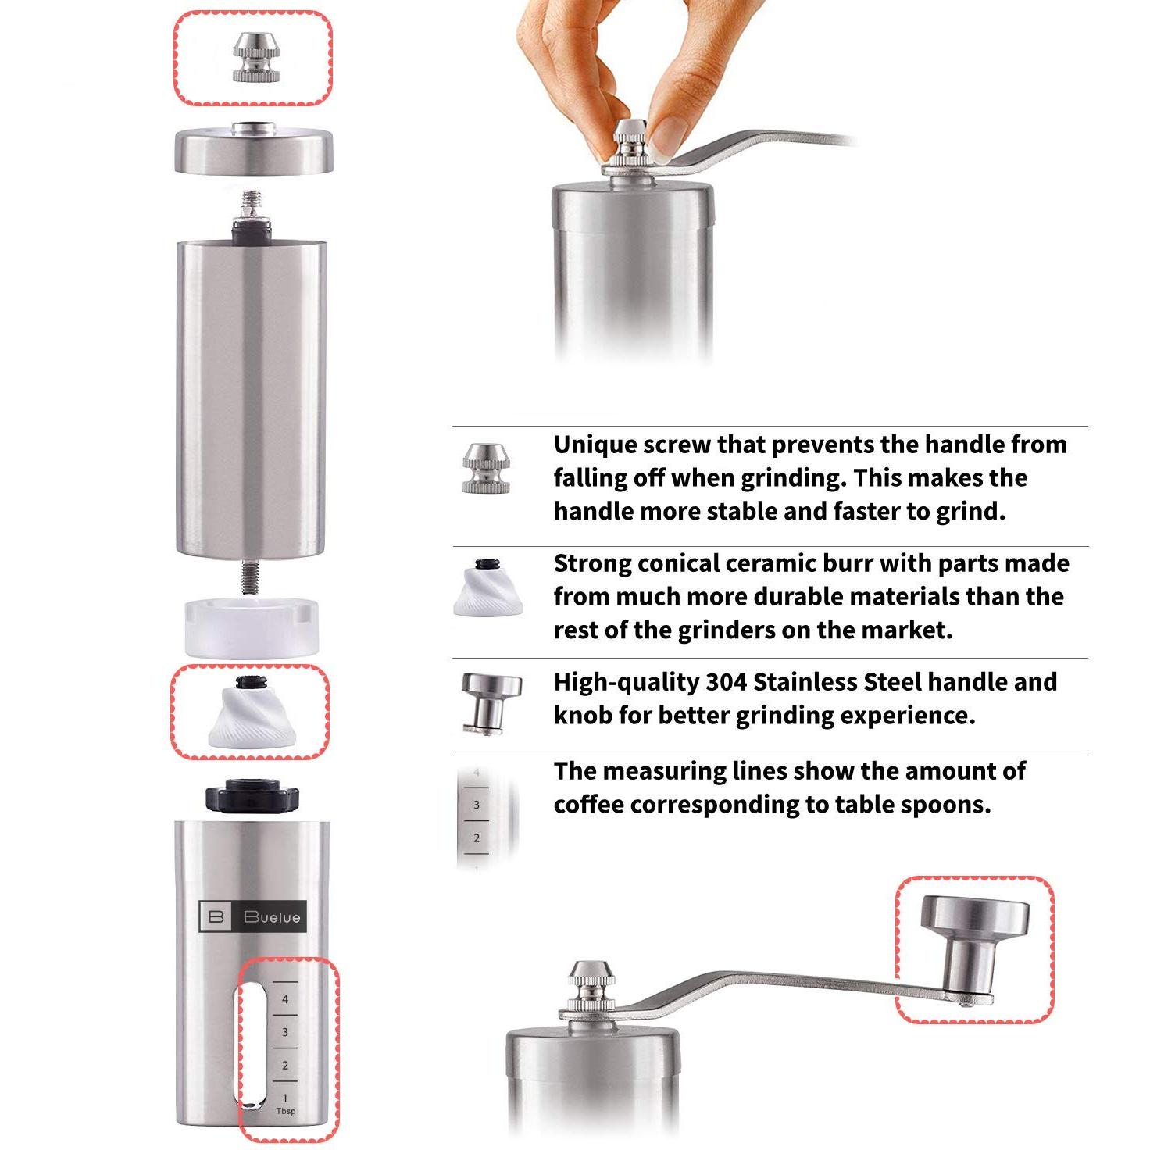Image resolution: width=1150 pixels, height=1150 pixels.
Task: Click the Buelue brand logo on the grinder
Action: [x=252, y=916]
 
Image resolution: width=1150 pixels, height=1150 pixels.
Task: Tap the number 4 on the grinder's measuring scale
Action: [x=285, y=999]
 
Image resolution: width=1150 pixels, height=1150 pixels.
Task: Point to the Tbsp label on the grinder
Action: [x=286, y=1111]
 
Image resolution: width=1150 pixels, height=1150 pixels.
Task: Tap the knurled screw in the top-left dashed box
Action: [x=255, y=57]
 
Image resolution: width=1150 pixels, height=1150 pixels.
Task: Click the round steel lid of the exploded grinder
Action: [x=254, y=149]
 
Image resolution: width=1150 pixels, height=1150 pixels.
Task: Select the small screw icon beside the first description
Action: [x=487, y=469]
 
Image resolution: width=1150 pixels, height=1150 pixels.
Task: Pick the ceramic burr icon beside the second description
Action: [x=488, y=587]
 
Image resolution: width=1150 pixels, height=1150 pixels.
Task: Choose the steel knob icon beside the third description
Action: [x=491, y=704]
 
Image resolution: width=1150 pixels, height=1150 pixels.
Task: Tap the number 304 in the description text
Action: [x=727, y=681]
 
